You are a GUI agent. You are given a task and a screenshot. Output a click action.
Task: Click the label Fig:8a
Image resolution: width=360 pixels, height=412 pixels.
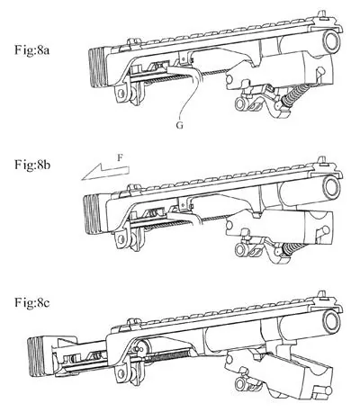coord(31,49)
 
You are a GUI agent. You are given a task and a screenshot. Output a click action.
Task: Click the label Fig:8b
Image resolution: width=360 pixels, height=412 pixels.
coord(32,165)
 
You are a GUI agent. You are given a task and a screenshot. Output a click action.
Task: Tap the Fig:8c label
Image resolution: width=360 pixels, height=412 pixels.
coord(32,302)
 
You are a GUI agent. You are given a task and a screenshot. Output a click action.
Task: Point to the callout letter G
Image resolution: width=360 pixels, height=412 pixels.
coord(179,125)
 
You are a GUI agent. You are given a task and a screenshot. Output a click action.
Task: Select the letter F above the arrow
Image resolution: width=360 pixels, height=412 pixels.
coord(121,158)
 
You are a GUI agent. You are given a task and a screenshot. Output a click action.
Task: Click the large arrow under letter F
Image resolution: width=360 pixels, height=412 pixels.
coord(105,173)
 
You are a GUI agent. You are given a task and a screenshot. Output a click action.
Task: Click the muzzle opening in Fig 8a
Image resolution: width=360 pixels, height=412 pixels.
coord(331,40)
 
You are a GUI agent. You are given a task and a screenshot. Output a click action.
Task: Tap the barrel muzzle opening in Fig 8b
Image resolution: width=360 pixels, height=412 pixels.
coord(331,186)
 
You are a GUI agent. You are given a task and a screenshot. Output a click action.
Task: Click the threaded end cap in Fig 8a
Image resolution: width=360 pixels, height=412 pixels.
coord(97,68)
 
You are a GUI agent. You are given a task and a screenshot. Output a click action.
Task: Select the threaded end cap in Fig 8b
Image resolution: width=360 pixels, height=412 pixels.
coord(92,214)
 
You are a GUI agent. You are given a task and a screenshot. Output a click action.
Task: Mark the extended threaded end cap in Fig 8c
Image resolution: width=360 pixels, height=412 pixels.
coord(36,357)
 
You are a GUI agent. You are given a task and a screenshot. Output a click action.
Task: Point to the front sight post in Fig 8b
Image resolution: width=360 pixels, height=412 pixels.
coord(322,160)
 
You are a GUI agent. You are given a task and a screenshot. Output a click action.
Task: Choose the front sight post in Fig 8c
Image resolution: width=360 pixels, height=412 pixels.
coord(322,295)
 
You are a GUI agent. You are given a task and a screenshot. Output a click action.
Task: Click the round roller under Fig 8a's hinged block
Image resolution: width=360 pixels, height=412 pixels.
coord(240,104)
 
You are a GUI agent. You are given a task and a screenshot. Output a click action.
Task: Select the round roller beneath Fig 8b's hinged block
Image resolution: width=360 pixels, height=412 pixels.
coord(240,249)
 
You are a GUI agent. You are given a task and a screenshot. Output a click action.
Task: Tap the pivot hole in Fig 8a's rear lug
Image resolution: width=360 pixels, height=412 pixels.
coord(121,94)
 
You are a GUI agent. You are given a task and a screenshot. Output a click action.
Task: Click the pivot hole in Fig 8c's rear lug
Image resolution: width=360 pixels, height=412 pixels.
coord(121,374)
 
